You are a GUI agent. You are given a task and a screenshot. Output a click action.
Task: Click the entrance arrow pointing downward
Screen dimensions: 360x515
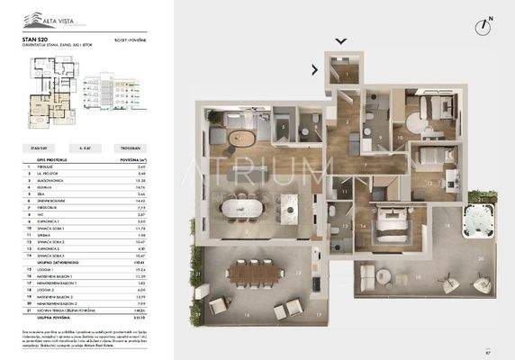(x=340, y=40)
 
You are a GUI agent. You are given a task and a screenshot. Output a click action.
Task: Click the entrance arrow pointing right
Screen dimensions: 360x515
(x=315, y=68)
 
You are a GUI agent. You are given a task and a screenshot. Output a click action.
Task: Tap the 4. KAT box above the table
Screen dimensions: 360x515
(x=86, y=145)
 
